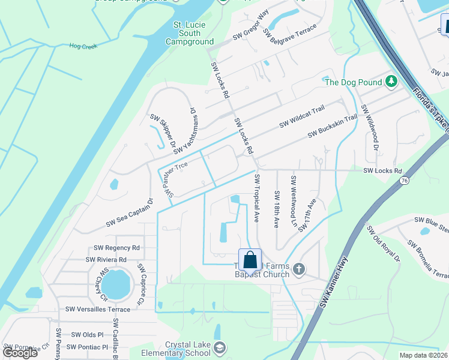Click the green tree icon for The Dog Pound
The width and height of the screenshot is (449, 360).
click(392, 81)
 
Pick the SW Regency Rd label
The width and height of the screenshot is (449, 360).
click(116, 248)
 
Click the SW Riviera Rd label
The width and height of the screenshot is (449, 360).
click(105, 260)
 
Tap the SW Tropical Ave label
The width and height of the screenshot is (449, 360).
click(258, 198)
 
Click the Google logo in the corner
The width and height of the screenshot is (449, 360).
click(20, 352)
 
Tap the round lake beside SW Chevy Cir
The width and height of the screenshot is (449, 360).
click(116, 284)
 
